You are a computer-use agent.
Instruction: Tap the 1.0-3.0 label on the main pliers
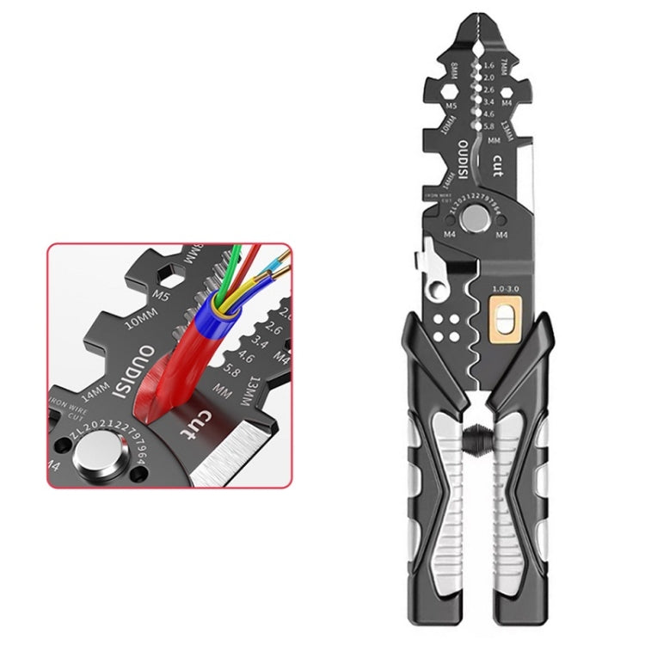coord(504,289)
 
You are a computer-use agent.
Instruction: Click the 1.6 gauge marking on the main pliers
coord(489,65)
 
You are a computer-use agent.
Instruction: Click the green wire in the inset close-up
coord(233,258)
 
